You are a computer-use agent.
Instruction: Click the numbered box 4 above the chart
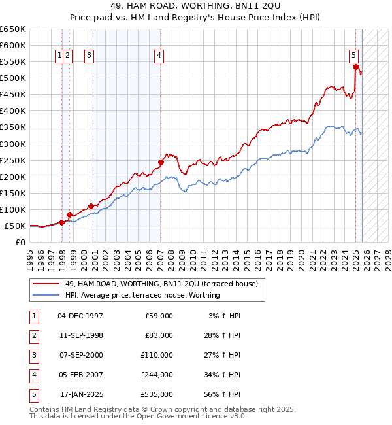click(x=159, y=56)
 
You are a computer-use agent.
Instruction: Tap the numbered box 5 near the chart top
click(x=353, y=56)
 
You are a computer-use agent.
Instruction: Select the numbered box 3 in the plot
click(x=89, y=56)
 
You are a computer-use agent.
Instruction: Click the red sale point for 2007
click(x=161, y=162)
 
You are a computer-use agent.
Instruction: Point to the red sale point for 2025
click(x=355, y=67)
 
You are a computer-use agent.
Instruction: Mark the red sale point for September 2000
click(x=90, y=206)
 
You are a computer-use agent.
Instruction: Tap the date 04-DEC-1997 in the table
click(x=80, y=316)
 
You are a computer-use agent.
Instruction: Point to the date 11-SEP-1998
click(x=80, y=335)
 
